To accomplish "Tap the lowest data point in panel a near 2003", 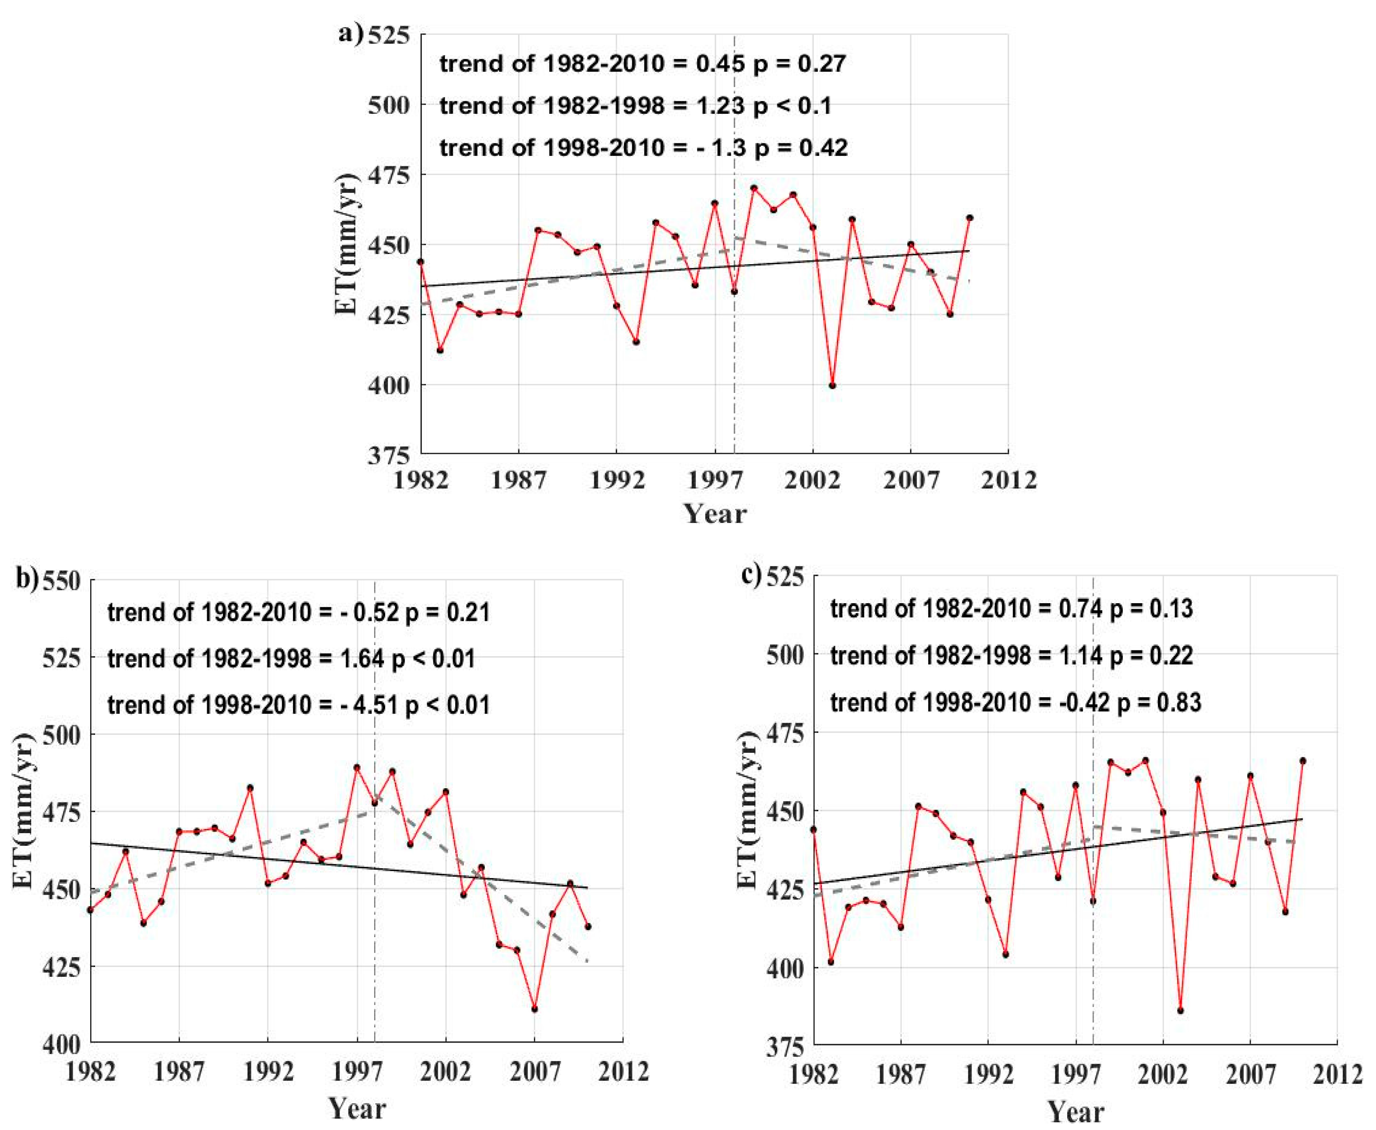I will point(832,385).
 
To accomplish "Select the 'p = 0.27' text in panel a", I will point(799,64).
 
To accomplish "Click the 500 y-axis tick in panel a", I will point(389,105).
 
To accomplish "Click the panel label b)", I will point(27,579).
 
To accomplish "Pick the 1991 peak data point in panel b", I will point(250,787).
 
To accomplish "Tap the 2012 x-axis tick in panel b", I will point(623,1071).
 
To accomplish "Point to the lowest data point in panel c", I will point(1180,1010).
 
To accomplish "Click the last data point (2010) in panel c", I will point(1302,760).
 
